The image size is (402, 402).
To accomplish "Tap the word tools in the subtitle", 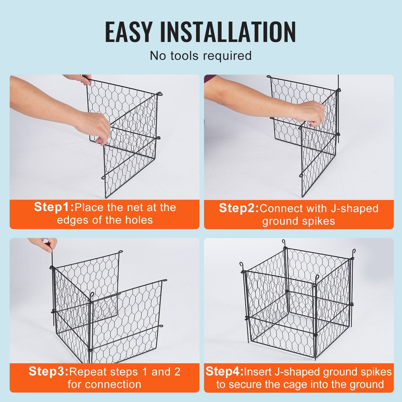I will click(185, 56).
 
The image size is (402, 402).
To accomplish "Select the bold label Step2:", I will click(239, 208).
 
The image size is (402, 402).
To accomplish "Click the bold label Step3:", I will click(48, 371).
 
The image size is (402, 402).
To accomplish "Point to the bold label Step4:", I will click(224, 371).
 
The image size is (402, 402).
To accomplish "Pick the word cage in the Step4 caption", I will click(299, 384).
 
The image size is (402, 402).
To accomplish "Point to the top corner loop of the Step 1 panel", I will click(160, 94).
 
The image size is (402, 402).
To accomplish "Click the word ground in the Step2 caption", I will click(277, 221).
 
